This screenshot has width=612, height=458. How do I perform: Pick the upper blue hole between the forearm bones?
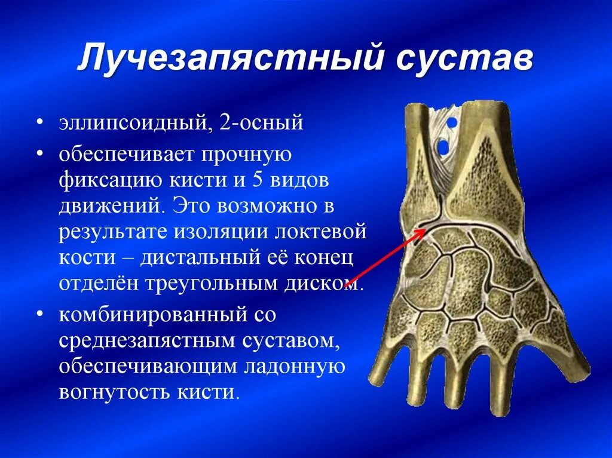point(452,122)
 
